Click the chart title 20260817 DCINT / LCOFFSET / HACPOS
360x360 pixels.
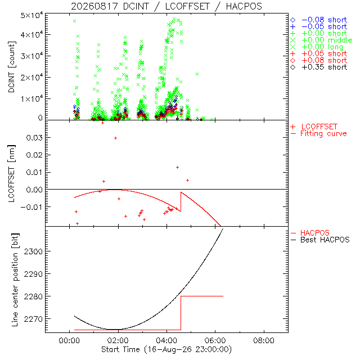pos(166,6)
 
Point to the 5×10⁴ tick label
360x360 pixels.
pos(31,16)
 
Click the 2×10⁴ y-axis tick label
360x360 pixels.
pos(31,78)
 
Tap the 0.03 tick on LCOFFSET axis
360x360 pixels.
pos(34,138)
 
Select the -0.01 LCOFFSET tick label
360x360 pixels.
pos(32,207)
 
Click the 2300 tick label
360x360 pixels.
pos(33,251)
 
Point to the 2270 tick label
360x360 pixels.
pos(33,319)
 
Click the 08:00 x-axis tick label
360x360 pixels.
pos(264,340)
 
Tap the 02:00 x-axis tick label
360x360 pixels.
pos(118,340)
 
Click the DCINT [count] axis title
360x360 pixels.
pos(12,67)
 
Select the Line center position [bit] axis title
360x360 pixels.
pos(15,280)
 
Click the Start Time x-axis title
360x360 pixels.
pos(166,350)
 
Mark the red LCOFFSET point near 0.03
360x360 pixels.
pos(115,138)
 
